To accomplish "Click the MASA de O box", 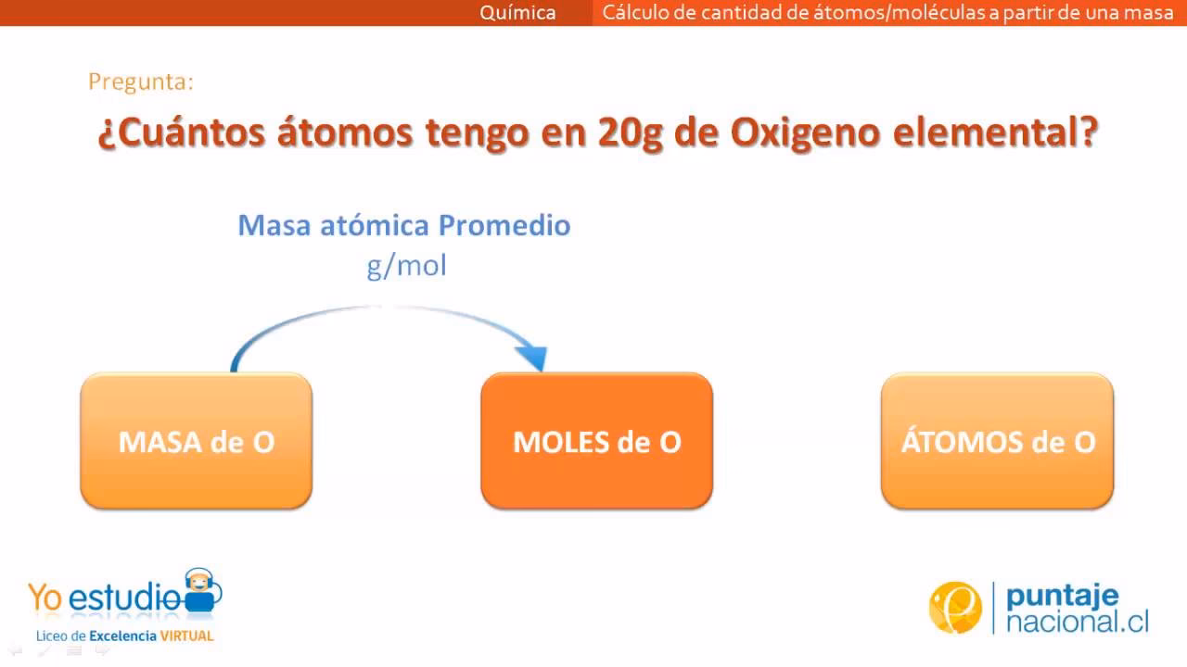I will click(196, 441).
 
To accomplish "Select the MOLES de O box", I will click(596, 441).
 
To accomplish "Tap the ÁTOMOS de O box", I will click(997, 441).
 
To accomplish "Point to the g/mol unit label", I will click(406, 266).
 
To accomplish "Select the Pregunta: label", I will click(141, 82).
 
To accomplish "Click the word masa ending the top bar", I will click(1151, 13).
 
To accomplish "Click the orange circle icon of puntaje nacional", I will click(955, 608).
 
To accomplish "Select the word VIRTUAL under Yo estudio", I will click(186, 636).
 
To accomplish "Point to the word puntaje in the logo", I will click(1062, 595).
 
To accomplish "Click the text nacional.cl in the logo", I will click(1077, 622).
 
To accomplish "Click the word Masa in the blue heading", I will click(271, 225).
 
